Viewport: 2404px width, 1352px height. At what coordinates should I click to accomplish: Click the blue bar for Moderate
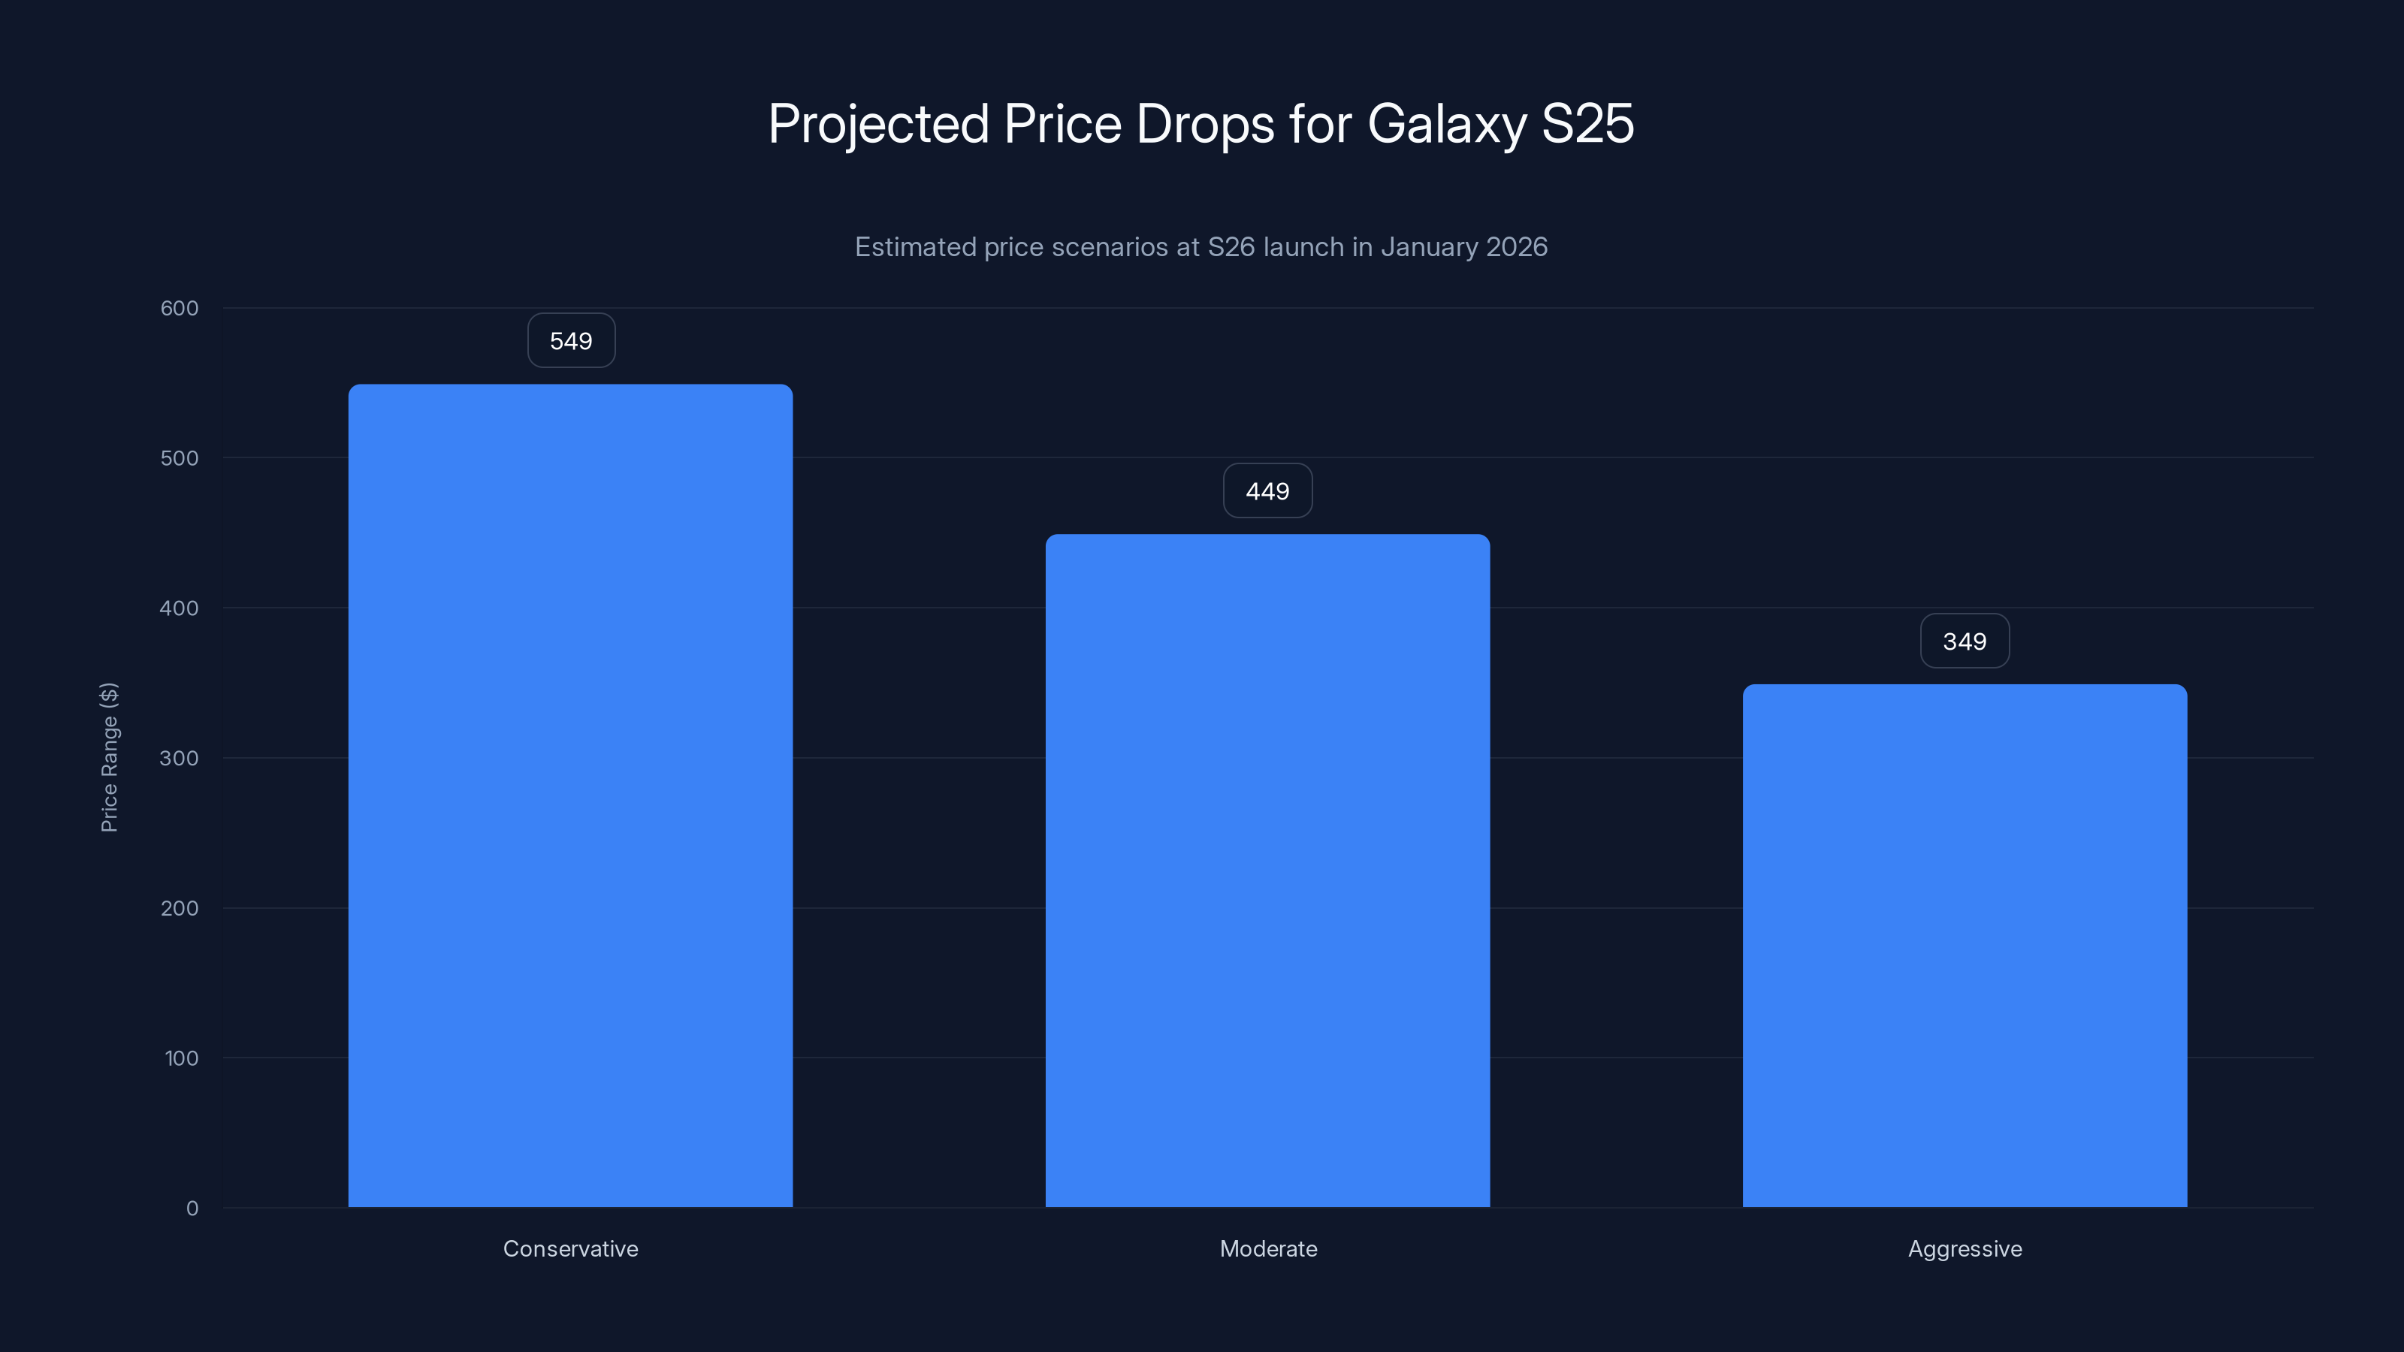(1267, 870)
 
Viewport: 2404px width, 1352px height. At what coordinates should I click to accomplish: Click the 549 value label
(571, 340)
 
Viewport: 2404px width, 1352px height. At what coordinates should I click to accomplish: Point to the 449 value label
(1267, 490)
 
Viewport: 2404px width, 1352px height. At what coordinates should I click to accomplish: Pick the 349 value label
(1965, 641)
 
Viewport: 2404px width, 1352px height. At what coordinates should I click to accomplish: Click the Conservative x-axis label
(570, 1248)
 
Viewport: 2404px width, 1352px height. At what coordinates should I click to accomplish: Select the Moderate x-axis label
(1268, 1248)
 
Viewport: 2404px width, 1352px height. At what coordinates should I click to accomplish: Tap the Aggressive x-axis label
(1965, 1248)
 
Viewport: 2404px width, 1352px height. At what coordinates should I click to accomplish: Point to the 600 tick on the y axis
(180, 308)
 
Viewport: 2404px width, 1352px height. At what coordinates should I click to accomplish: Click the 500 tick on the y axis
(180, 458)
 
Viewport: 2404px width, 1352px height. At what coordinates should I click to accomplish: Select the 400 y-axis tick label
(180, 608)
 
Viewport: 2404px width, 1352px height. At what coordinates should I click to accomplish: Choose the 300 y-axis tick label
(180, 758)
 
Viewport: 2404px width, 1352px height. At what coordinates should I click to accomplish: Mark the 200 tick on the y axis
(180, 908)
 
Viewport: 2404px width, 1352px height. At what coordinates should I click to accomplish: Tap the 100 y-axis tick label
(181, 1058)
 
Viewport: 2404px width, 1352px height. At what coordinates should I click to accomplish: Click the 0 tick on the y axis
(192, 1209)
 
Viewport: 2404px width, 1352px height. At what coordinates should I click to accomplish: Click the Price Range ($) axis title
(109, 756)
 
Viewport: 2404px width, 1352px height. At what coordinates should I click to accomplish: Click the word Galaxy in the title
(1446, 124)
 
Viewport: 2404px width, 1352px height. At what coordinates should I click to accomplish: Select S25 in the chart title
(1587, 124)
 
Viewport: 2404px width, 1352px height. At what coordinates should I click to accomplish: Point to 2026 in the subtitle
(1517, 247)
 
